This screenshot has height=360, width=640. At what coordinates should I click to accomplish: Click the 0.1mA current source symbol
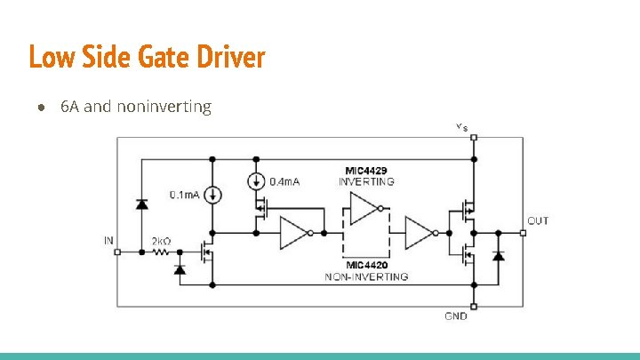[212, 195]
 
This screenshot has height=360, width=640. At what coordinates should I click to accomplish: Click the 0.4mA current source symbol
[256, 181]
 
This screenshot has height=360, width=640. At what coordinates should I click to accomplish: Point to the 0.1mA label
[184, 195]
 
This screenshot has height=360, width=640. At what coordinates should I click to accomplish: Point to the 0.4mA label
[284, 181]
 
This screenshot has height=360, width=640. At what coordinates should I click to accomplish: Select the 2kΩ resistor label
[161, 241]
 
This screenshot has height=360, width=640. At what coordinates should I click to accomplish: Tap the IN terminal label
[109, 240]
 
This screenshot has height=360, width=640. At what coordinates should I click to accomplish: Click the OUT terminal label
[538, 220]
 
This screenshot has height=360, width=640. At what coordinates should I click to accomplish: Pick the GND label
[456, 316]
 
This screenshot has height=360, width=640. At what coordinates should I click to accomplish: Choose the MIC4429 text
[365, 170]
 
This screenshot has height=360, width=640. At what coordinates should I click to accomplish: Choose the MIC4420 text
[366, 265]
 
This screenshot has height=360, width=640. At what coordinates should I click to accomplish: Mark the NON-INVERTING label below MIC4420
[366, 276]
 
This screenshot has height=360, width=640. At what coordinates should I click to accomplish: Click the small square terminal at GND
[475, 306]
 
